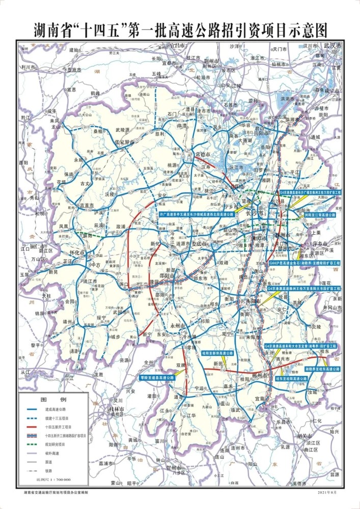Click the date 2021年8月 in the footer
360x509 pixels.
(x=327, y=493)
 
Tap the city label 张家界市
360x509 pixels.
(x=124, y=143)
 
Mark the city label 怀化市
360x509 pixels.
(x=77, y=251)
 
